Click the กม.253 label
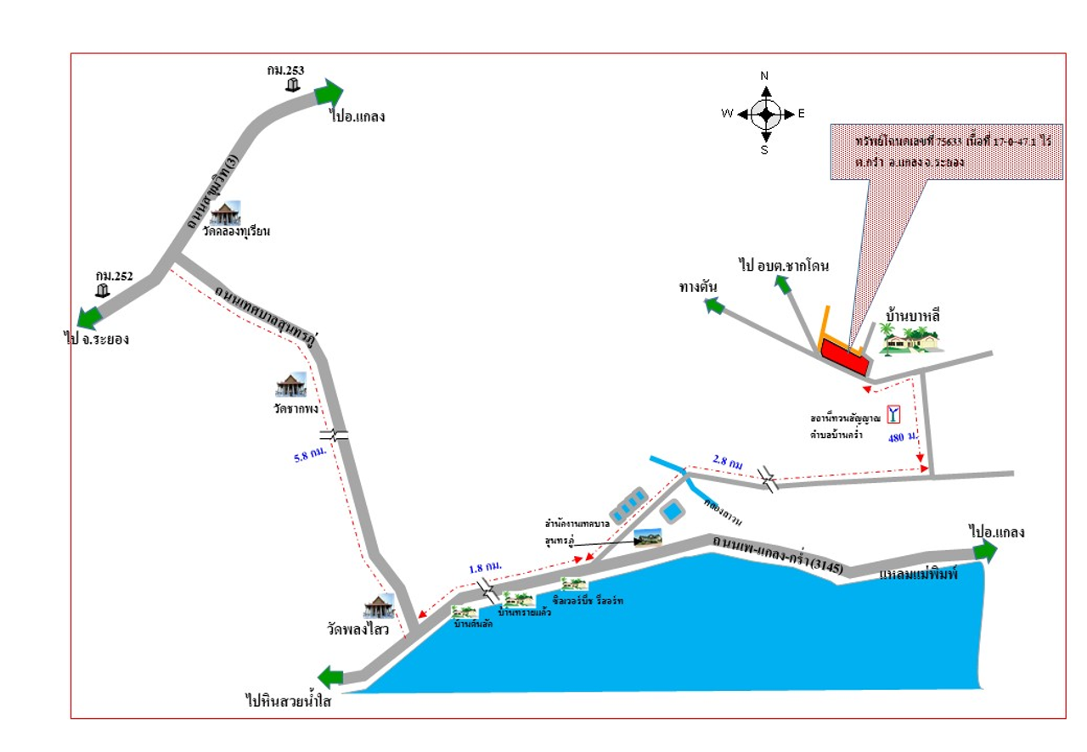click(284, 70)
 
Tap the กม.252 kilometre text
click(114, 275)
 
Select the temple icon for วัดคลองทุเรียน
click(225, 213)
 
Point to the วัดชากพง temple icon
click(290, 384)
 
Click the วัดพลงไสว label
click(358, 630)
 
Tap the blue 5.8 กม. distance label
click(311, 456)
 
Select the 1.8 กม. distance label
click(485, 566)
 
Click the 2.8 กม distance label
click(729, 463)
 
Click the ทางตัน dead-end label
click(698, 287)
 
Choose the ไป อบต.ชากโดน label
click(783, 266)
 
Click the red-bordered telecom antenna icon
click(893, 414)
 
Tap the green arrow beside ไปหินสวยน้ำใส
click(330, 677)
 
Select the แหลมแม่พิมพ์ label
click(919, 575)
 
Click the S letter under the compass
click(764, 150)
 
